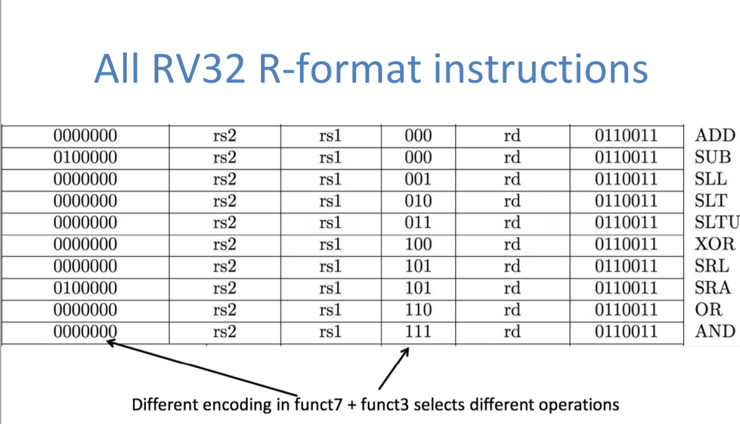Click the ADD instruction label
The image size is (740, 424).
715,135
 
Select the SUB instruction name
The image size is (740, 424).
713,157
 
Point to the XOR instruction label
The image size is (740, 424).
715,244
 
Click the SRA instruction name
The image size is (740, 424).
713,288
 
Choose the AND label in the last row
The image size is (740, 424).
715,331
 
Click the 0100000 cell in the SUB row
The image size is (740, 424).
85,157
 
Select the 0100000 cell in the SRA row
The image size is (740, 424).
85,288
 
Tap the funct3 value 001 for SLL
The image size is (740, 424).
419,179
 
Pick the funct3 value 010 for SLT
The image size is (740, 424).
419,201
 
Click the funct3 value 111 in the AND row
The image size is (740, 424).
419,331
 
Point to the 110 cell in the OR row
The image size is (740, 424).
419,310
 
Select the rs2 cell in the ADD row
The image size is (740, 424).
224,135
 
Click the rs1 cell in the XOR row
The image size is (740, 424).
331,244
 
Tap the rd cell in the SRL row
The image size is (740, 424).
512,266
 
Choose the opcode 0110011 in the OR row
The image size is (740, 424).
626,310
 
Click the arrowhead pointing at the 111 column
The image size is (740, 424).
406,351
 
